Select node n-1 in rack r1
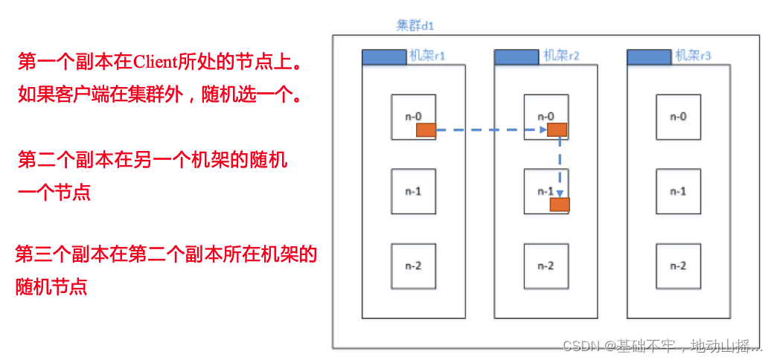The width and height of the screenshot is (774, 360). (413, 191)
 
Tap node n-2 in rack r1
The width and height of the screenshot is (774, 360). (413, 266)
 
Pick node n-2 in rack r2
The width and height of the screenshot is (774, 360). (546, 266)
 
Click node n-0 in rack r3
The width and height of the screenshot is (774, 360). (678, 116)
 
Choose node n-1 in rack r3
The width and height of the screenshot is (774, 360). (678, 191)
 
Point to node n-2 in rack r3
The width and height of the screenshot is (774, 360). (678, 266)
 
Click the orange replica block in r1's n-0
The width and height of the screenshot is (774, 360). (426, 130)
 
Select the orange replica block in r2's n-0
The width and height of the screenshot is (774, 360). (557, 130)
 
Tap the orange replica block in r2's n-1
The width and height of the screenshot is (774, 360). (560, 204)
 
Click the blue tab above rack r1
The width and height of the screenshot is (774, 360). (384, 57)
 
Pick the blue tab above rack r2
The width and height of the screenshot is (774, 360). (516, 57)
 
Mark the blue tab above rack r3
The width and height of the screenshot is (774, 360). (649, 57)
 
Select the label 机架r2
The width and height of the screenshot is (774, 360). (561, 56)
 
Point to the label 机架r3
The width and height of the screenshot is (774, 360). (693, 56)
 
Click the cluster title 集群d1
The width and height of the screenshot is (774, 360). (415, 25)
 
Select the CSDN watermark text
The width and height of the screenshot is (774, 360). (662, 346)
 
